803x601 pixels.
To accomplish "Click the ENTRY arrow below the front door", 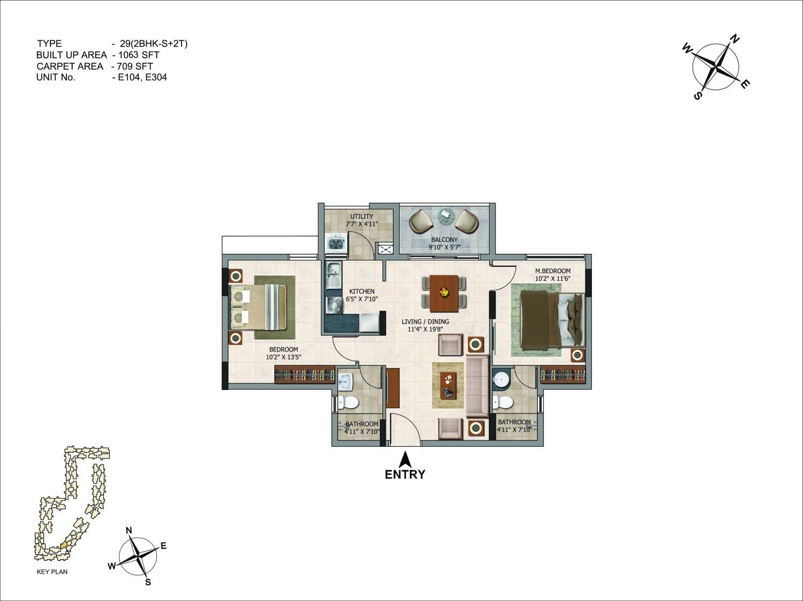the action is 405,459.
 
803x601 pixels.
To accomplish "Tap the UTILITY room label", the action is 362,216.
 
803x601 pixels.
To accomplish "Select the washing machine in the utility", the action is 336,243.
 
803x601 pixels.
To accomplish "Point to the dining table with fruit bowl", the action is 444,294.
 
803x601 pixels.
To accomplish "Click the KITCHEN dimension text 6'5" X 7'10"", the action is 362,299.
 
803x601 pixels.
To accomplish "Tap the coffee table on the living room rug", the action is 449,385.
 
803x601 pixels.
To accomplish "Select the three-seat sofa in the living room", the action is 477,386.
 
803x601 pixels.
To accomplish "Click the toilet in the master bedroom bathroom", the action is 503,402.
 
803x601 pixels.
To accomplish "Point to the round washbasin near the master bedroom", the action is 500,379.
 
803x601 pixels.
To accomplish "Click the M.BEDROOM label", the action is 553,271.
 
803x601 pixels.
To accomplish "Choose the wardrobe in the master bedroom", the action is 562,375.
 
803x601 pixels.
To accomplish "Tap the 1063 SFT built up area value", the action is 139,55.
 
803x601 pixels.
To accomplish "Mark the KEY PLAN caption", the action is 52,572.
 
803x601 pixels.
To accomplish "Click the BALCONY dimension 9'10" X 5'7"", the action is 445,247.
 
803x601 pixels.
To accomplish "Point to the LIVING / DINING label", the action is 425,321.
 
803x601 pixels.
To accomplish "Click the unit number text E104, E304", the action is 142,77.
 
